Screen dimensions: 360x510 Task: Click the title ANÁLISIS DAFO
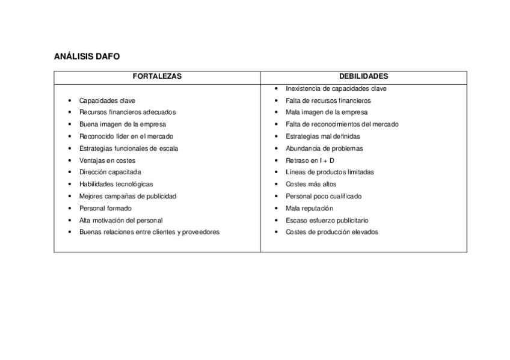pos(87,56)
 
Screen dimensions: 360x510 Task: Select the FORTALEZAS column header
pos(157,77)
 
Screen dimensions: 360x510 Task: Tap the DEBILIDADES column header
pos(363,77)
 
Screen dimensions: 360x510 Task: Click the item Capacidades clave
pos(107,101)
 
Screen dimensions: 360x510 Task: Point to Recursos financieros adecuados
pos(127,112)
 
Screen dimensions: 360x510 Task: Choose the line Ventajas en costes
pos(107,160)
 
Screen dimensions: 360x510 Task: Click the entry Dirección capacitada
pos(110,172)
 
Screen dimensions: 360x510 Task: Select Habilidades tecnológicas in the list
pos(116,185)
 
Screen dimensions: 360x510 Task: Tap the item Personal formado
pos(105,209)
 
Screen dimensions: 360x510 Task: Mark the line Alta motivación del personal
pos(121,221)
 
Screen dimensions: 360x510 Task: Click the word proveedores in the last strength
pos(201,233)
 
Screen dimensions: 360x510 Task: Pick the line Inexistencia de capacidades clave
pos(336,89)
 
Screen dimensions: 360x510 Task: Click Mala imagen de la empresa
pos(327,112)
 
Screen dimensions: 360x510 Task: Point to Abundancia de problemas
pos(324,148)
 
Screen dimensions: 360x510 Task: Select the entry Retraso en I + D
pos(310,160)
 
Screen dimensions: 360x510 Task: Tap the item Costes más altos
pos(311,185)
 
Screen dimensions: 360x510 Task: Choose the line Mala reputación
pos(309,209)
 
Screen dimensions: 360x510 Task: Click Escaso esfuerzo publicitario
pos(327,221)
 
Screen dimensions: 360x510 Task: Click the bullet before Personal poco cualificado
pos(276,197)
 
